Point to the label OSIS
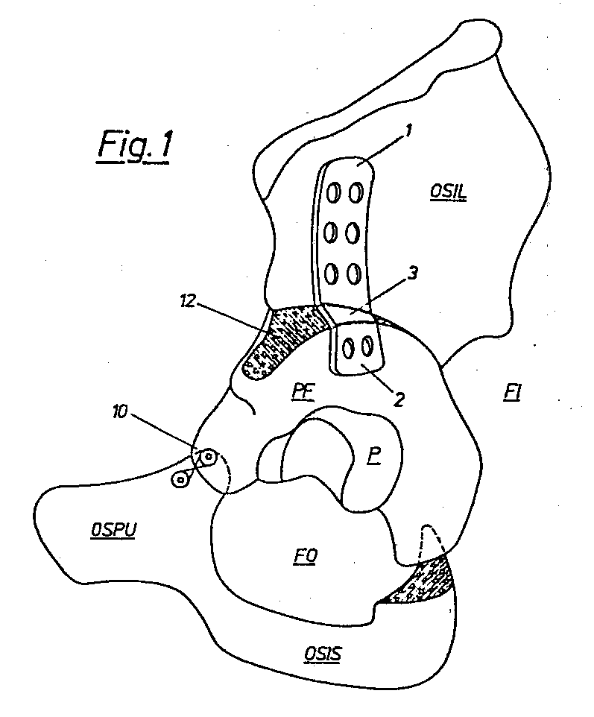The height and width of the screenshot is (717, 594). pyautogui.click(x=324, y=654)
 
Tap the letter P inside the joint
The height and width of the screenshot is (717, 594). pyautogui.click(x=372, y=456)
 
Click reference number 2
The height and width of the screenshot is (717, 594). pyautogui.click(x=399, y=399)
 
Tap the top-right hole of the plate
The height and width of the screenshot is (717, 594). pyautogui.click(x=356, y=193)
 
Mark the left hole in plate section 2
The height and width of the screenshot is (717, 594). pyautogui.click(x=349, y=347)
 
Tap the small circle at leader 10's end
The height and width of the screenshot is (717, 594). pyautogui.click(x=208, y=455)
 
